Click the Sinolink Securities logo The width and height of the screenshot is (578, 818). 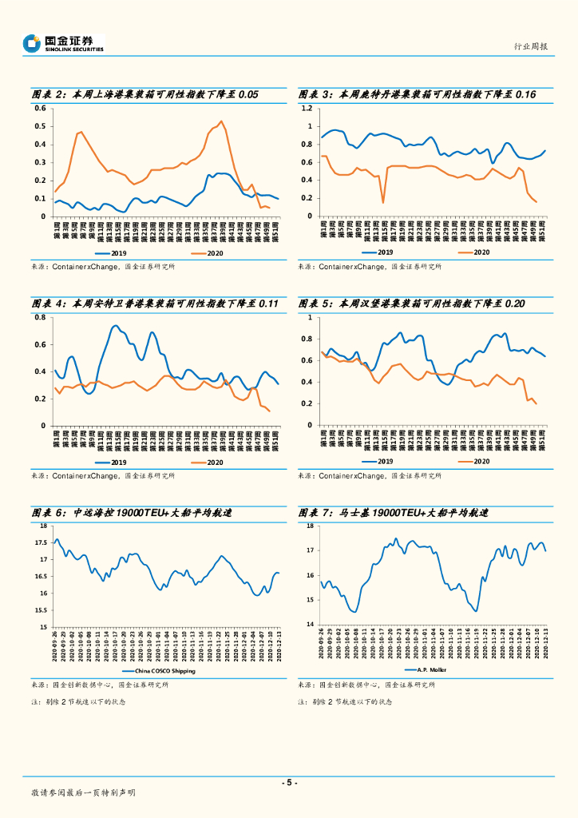click(x=63, y=43)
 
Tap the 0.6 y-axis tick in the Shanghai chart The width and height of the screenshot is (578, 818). click(x=39, y=108)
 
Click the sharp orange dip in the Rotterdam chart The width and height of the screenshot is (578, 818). click(x=382, y=202)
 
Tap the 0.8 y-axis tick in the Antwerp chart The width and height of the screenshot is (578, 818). click(x=39, y=317)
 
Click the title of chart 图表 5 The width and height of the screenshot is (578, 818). click(x=412, y=304)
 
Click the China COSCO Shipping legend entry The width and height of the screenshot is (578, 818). click(x=164, y=671)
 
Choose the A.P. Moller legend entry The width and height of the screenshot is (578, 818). click(x=431, y=669)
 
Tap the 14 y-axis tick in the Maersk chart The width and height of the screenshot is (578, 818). click(x=309, y=624)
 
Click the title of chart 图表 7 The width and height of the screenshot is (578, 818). click(x=393, y=513)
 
